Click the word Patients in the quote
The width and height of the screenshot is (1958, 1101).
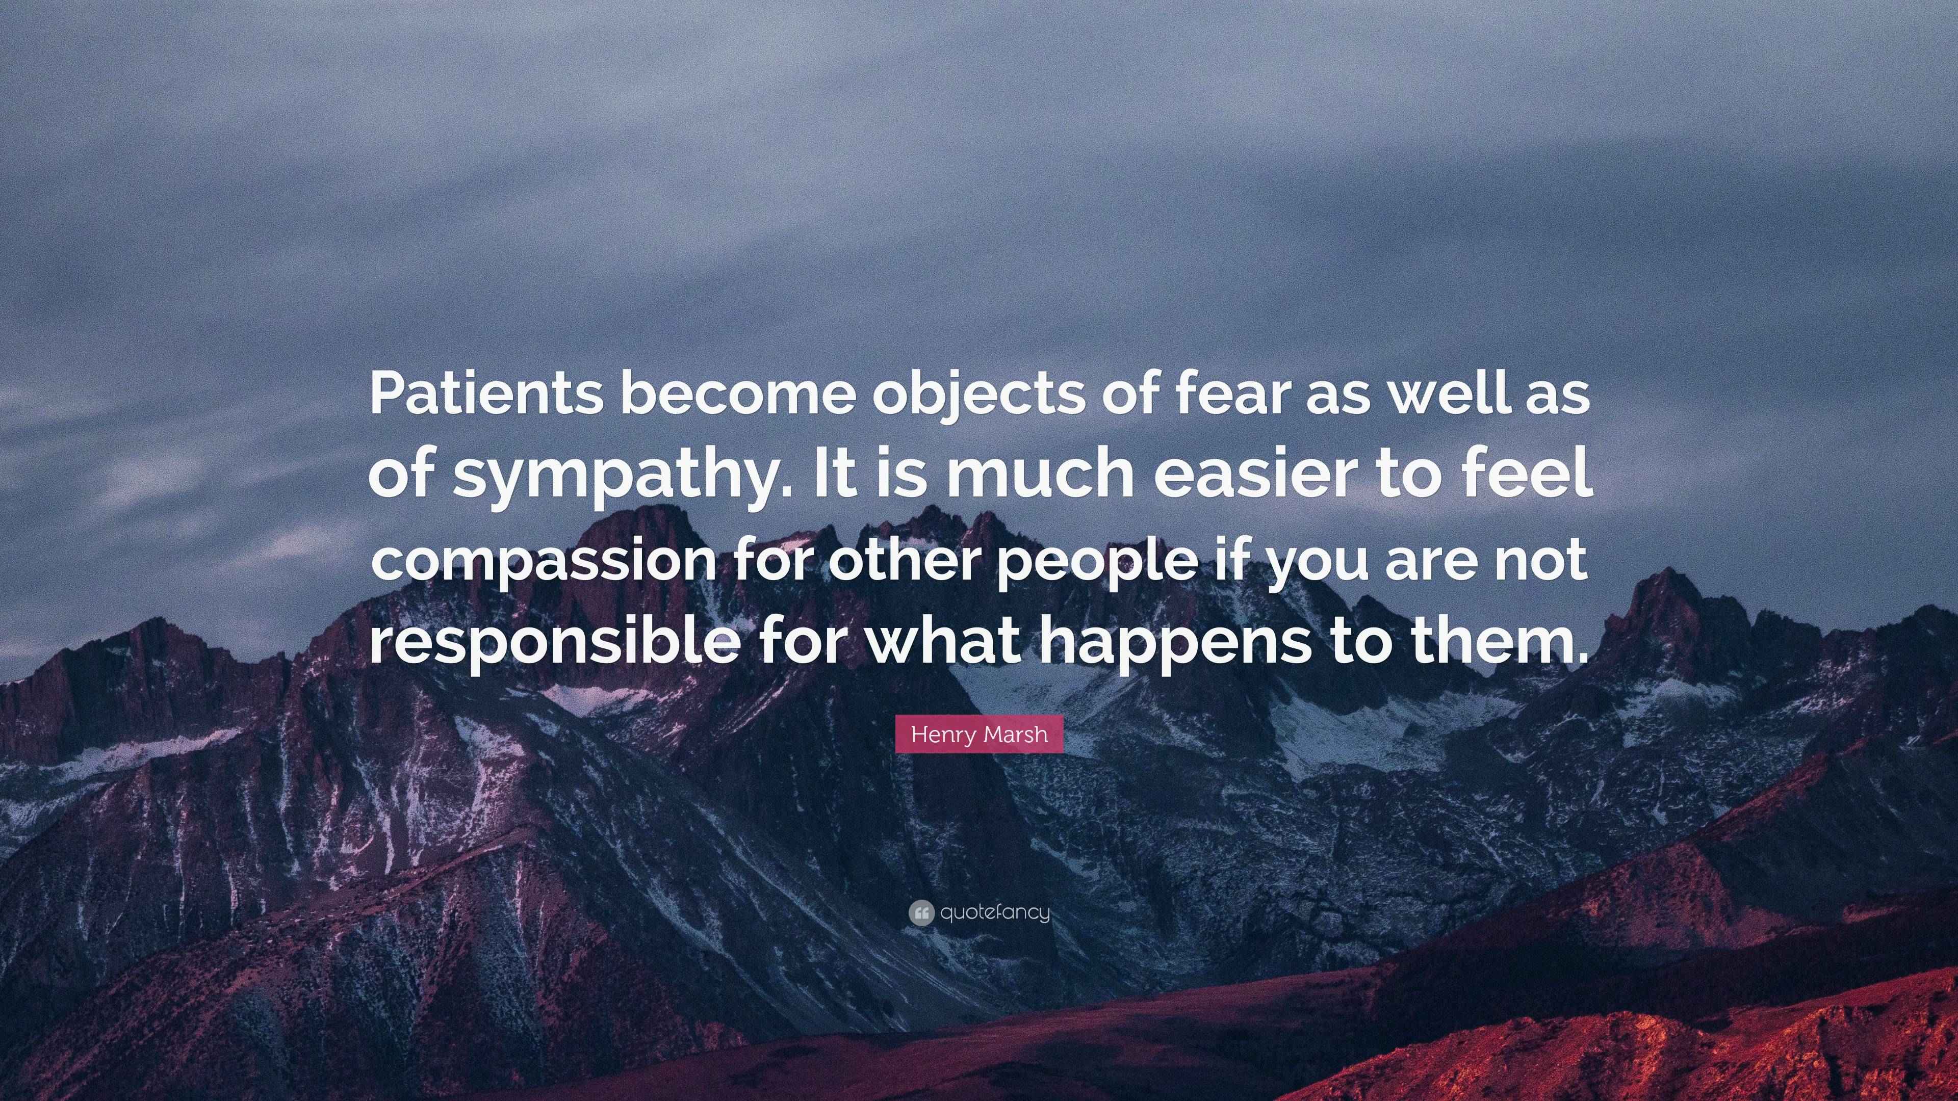486,395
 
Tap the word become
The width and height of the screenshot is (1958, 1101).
738,395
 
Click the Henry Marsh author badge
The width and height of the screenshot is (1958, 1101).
979,734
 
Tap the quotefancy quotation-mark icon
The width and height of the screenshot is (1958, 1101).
920,912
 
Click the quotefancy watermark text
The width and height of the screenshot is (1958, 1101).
995,912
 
